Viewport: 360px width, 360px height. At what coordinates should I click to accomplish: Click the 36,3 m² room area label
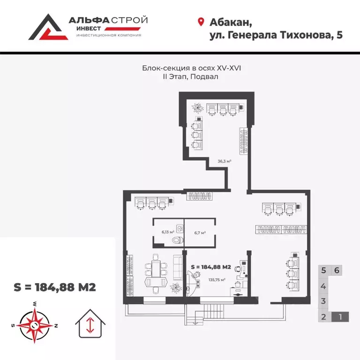coord(225,161)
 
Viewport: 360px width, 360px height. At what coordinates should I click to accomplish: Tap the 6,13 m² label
coord(168,232)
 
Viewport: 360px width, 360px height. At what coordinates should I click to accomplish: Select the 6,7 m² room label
coord(200,232)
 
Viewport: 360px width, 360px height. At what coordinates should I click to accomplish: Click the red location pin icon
coord(201,22)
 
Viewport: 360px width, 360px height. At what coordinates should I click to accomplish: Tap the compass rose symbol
coord(35,322)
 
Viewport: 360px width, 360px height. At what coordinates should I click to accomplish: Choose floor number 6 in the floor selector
coord(337,270)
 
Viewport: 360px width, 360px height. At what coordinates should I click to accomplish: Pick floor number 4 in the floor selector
coord(323,285)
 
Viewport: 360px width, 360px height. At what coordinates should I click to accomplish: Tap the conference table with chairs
coord(155,271)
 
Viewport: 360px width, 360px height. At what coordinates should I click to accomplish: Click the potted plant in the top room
coord(197,108)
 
